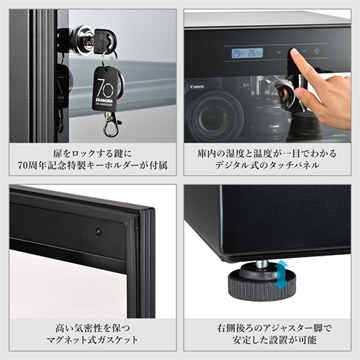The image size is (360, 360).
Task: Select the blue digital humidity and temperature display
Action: [x=244, y=54]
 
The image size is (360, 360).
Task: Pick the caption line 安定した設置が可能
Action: [x=270, y=340]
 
